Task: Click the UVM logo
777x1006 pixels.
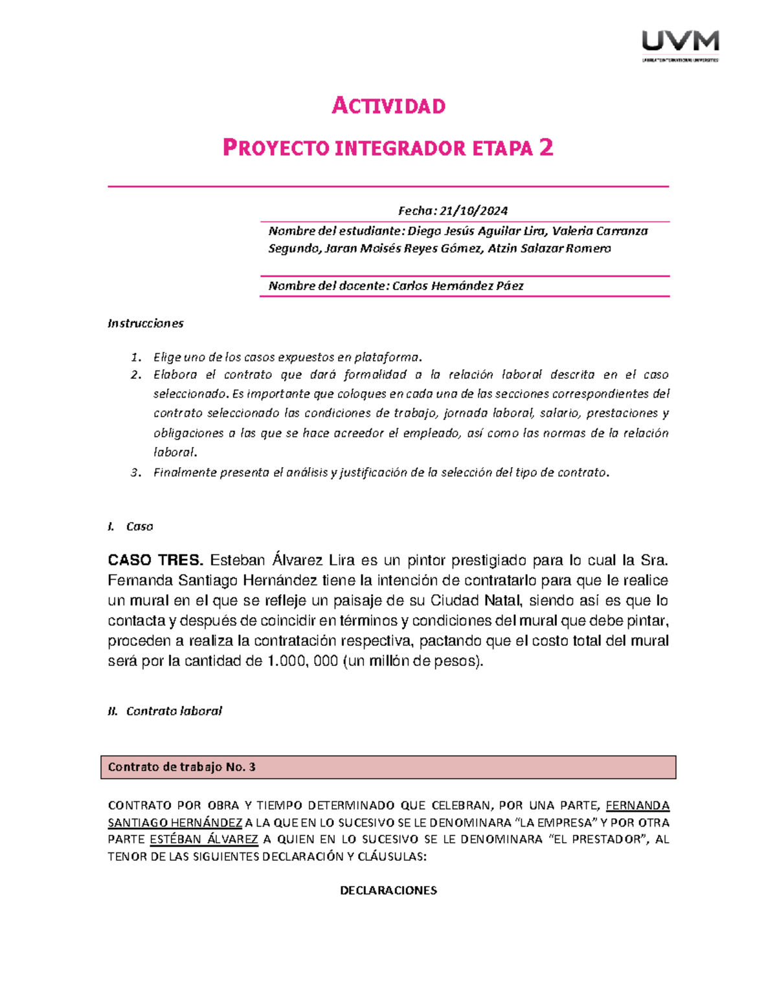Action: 680,44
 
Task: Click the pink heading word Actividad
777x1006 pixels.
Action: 388,106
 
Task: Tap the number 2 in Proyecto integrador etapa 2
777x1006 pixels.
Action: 546,148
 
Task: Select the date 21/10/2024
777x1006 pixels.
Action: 473,211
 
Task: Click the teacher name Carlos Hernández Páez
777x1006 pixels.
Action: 458,286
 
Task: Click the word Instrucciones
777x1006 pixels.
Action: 146,323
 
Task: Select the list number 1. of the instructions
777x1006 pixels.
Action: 135,357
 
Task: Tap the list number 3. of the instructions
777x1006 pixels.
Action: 135,472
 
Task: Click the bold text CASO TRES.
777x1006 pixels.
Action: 155,560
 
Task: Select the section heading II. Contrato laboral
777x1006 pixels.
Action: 165,711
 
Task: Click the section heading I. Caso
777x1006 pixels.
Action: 131,526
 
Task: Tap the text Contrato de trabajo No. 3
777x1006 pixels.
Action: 182,767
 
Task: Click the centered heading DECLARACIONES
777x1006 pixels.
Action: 388,890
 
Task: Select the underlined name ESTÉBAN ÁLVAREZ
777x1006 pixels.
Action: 204,840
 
